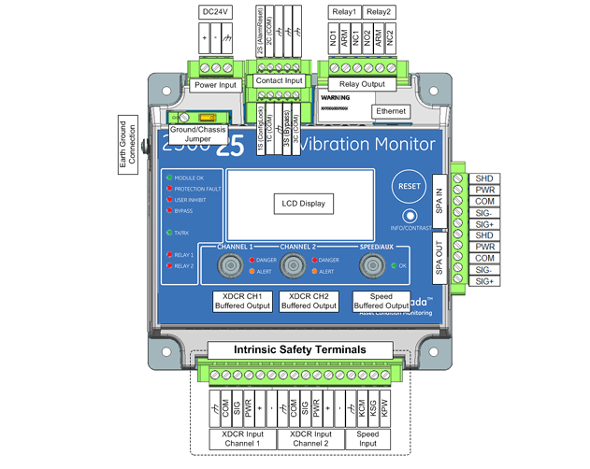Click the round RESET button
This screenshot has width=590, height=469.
(x=410, y=185)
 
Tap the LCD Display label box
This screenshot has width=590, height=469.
(x=301, y=204)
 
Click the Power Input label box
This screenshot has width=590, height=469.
(x=217, y=85)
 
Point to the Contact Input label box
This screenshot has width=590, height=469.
(x=280, y=82)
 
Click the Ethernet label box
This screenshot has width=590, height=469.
(x=390, y=111)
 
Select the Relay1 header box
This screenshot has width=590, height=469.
(x=343, y=12)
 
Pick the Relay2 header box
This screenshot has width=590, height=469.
(x=378, y=12)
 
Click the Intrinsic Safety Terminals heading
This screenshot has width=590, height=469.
(x=299, y=349)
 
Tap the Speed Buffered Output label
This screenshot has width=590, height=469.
(x=381, y=300)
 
